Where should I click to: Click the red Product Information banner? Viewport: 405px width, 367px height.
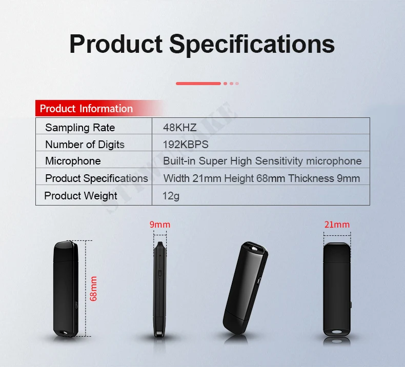pos(99,108)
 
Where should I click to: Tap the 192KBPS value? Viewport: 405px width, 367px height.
pos(186,145)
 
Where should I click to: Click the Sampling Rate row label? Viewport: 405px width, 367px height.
pos(80,128)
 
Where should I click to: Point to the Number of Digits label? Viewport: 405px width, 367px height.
pos(85,145)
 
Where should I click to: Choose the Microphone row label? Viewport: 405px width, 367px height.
pos(73,161)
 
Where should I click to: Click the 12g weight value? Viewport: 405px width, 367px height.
pos(171,196)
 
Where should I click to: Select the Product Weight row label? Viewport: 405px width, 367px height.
pos(80,196)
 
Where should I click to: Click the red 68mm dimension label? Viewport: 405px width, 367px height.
pos(93,289)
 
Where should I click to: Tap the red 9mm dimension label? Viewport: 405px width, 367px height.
pos(160,225)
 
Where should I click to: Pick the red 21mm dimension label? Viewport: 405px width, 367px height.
pos(337,225)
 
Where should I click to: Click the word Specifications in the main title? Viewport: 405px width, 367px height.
pos(252,45)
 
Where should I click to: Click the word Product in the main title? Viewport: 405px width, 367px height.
pos(116,44)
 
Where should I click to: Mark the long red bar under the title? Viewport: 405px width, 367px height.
pos(198,84)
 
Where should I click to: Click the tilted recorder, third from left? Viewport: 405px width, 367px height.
pos(246,288)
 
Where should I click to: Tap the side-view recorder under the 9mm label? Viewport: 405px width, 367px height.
pos(160,289)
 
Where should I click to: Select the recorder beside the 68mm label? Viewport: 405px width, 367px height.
pos(66,289)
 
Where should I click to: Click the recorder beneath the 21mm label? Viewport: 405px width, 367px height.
pos(337,289)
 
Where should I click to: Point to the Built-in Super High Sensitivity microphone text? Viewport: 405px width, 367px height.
pos(262,161)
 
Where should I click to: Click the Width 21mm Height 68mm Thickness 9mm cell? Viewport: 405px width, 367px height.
pos(261,178)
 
